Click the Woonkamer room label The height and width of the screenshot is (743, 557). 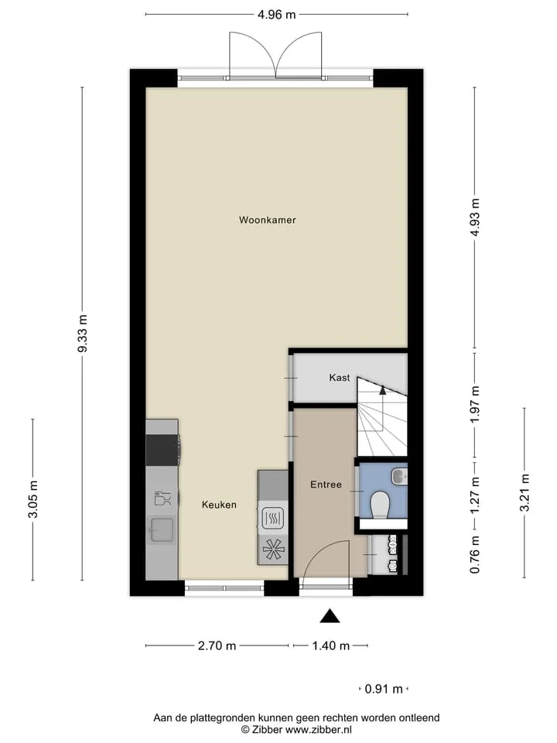point(267,220)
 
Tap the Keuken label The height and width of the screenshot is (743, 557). point(219,505)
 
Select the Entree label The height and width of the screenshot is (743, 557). point(326,484)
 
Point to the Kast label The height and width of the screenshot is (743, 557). point(339,378)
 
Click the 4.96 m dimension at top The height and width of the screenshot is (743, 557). point(277,15)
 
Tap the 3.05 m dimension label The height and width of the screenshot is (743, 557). point(33,499)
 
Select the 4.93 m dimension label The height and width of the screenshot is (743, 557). point(475,220)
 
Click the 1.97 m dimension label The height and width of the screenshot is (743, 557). point(475,404)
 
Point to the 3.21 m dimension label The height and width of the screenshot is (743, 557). point(525,493)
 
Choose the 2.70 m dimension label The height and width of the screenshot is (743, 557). point(217,645)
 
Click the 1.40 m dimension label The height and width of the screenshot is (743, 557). point(330,645)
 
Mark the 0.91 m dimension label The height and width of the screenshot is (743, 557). point(384,689)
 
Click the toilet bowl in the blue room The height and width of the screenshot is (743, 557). point(379,504)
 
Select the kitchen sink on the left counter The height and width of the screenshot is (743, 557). point(162,529)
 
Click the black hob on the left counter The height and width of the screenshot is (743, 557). point(162,450)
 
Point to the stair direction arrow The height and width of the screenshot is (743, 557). point(383,390)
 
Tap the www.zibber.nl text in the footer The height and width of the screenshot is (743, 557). point(318,730)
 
